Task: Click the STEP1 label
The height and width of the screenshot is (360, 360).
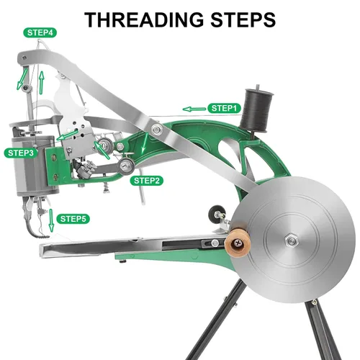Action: tap(224, 108)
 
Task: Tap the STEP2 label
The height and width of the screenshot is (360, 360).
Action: tap(146, 181)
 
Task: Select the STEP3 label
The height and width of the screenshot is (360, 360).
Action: tap(21, 153)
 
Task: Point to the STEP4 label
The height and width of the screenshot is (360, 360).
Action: tap(40, 32)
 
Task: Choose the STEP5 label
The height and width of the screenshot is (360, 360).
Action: tap(73, 219)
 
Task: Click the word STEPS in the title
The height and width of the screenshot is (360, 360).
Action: tap(243, 19)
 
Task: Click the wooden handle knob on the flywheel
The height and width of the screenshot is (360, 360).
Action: tap(238, 243)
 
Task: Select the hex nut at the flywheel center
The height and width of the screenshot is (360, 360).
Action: tap(292, 240)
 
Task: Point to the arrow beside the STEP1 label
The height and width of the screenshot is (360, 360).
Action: tap(194, 109)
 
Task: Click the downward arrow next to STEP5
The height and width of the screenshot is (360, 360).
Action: tap(51, 220)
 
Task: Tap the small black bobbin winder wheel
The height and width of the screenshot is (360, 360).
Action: tap(215, 212)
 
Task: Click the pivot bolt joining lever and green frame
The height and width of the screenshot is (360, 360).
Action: tap(156, 130)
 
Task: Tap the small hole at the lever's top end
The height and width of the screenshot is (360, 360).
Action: tap(24, 58)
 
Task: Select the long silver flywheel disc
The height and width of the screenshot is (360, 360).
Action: tap(293, 240)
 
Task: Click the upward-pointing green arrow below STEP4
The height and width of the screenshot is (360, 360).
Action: tap(42, 82)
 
